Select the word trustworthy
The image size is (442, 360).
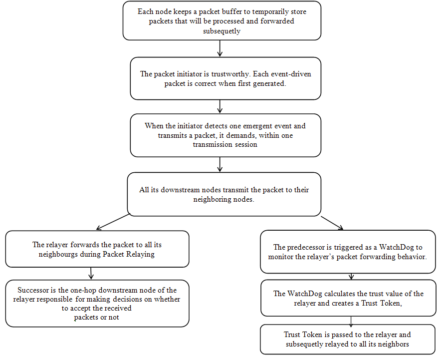point(231,74)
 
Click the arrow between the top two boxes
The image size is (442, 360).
point(220,48)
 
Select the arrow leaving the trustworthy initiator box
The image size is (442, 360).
point(220,106)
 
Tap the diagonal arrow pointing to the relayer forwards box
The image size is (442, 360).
point(113,222)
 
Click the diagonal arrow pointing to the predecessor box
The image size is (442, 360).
point(331,223)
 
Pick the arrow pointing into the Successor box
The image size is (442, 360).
point(91,274)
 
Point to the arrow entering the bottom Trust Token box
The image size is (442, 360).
point(351,321)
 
